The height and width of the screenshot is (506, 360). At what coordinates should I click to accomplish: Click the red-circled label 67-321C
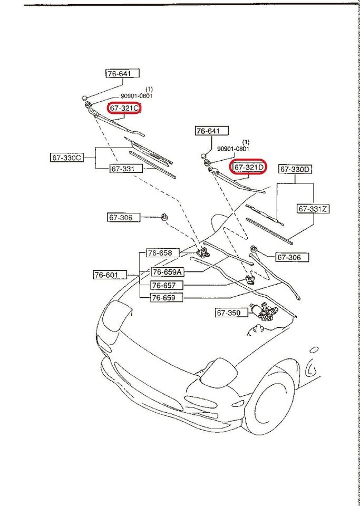click(x=124, y=108)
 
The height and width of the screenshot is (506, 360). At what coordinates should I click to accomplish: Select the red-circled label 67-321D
click(x=248, y=168)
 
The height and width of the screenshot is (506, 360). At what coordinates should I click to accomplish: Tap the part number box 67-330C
click(x=67, y=158)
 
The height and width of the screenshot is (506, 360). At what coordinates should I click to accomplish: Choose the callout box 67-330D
click(x=296, y=169)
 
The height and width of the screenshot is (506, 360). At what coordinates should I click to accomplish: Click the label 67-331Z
click(x=313, y=209)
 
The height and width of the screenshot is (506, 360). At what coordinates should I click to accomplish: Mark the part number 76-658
click(x=159, y=253)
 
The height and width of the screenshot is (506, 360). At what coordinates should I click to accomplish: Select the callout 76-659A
click(x=168, y=272)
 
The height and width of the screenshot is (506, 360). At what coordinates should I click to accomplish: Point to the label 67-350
click(x=228, y=313)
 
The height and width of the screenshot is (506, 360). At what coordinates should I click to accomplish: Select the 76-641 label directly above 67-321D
click(x=212, y=131)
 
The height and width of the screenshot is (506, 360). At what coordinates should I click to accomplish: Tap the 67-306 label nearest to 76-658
click(x=124, y=217)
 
